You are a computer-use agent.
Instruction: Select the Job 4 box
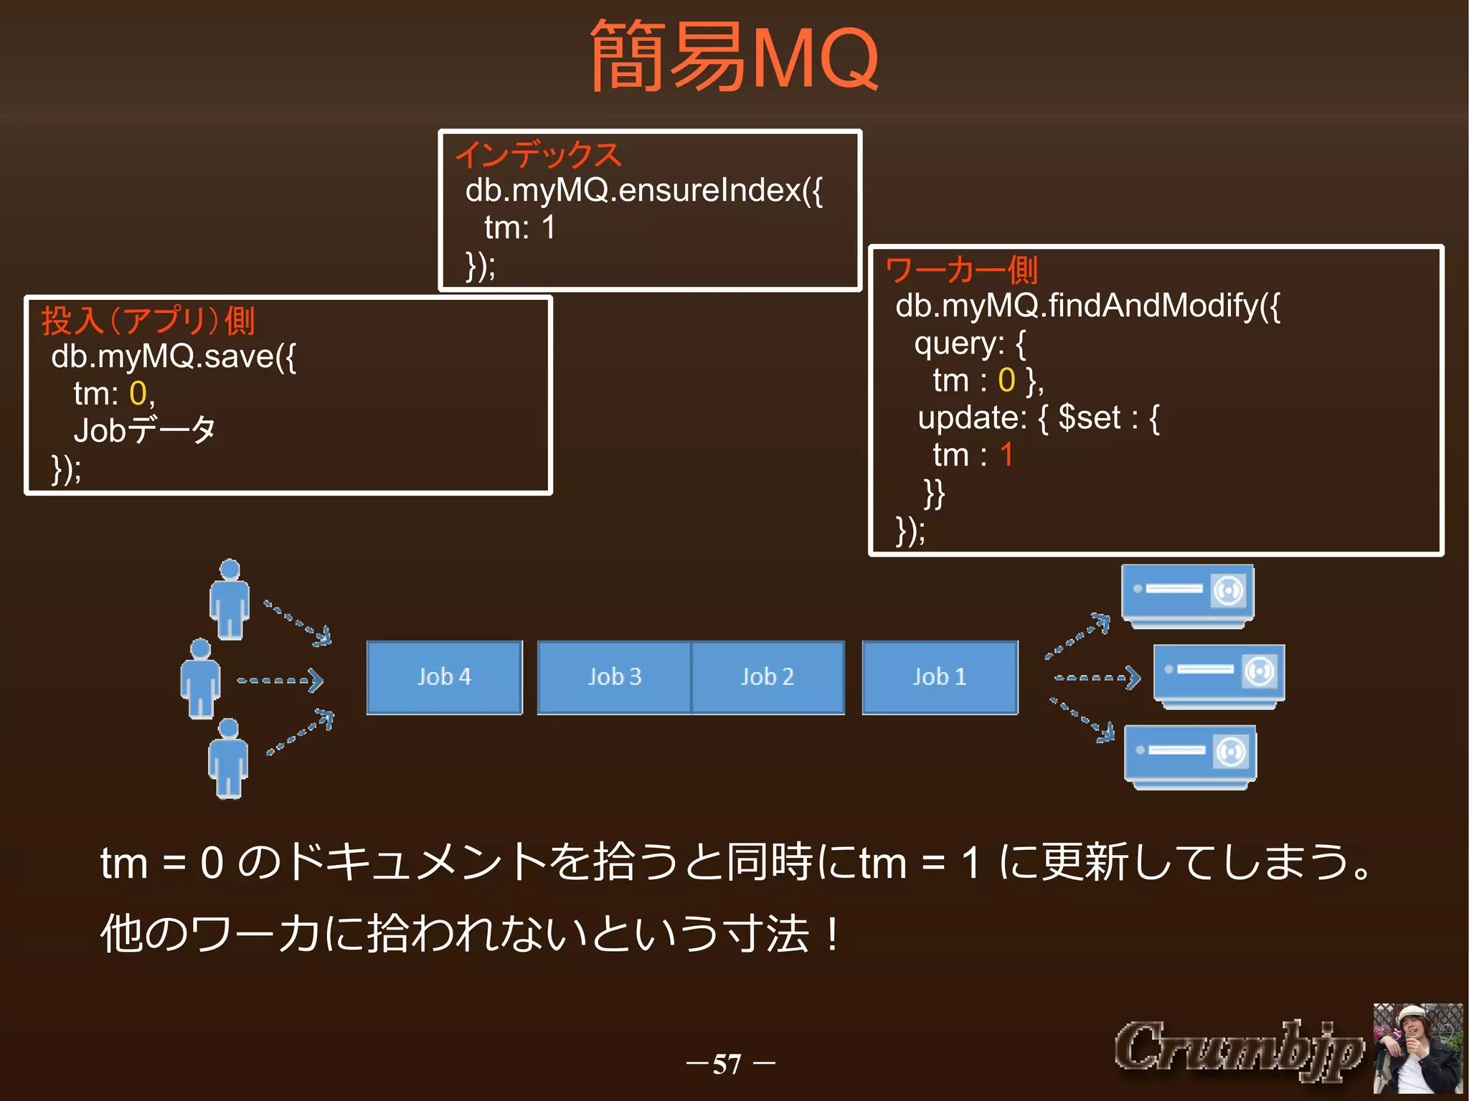click(x=444, y=677)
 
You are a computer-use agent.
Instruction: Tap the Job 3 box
click(x=614, y=677)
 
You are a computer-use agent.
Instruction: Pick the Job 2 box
click(x=767, y=677)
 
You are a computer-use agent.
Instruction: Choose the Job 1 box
click(x=940, y=677)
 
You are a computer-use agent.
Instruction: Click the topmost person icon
click(x=230, y=600)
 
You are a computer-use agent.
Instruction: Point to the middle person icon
click(x=200, y=679)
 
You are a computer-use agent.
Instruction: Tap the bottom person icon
click(x=228, y=758)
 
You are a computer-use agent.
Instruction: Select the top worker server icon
click(x=1188, y=595)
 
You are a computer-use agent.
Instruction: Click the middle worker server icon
click(x=1219, y=676)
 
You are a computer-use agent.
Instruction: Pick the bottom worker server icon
click(x=1190, y=756)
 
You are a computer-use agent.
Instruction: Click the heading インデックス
click(x=538, y=155)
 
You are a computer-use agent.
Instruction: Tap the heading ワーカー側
click(x=961, y=270)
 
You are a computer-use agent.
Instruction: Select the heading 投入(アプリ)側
click(x=148, y=320)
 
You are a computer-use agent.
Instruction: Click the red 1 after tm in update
click(x=1006, y=455)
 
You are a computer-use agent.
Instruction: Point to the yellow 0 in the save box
click(x=138, y=393)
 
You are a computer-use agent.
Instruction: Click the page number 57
click(x=727, y=1064)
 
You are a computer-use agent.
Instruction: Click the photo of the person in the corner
click(x=1417, y=1049)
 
